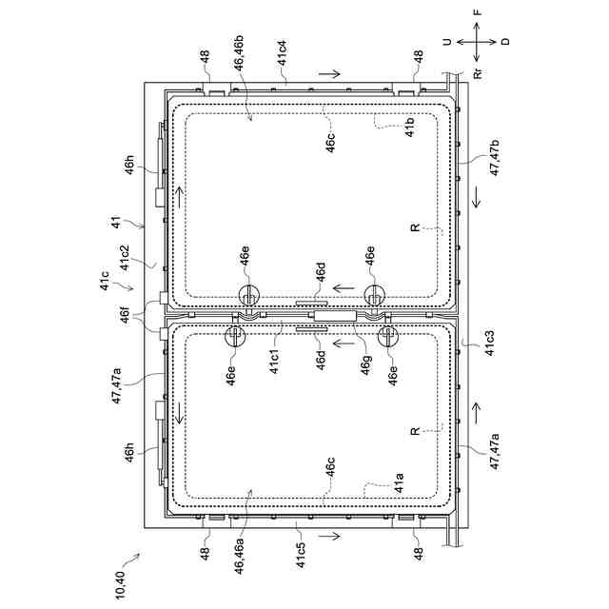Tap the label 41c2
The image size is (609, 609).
click(125, 257)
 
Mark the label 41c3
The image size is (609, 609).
click(491, 343)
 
